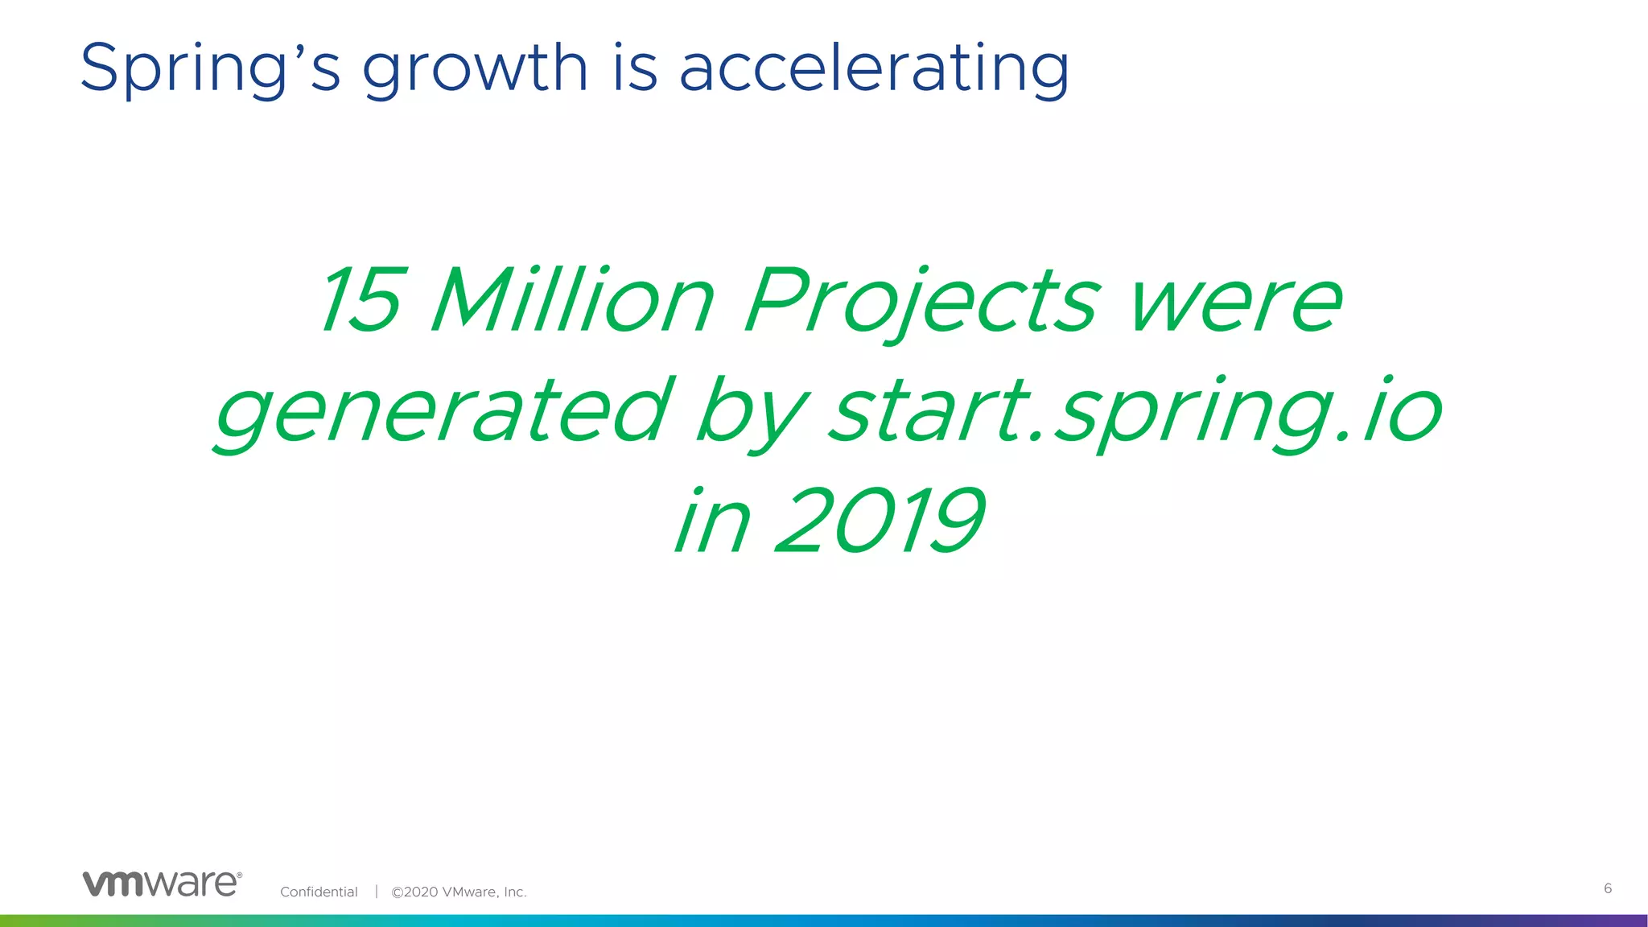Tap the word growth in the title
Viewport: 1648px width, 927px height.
pyautogui.click(x=475, y=69)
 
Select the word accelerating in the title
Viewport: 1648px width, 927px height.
pyautogui.click(x=875, y=69)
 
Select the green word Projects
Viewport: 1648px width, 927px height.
pyautogui.click(x=922, y=303)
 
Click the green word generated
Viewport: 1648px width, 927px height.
pyautogui.click(x=443, y=412)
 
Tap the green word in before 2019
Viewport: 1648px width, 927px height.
pyautogui.click(x=713, y=523)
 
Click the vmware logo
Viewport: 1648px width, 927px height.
pyautogui.click(x=161, y=884)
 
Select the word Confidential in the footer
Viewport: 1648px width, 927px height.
pyautogui.click(x=319, y=892)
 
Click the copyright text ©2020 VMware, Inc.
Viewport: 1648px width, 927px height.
pyautogui.click(x=459, y=892)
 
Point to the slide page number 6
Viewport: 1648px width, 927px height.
pyautogui.click(x=1608, y=888)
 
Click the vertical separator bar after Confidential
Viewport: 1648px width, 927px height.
pyautogui.click(x=376, y=891)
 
